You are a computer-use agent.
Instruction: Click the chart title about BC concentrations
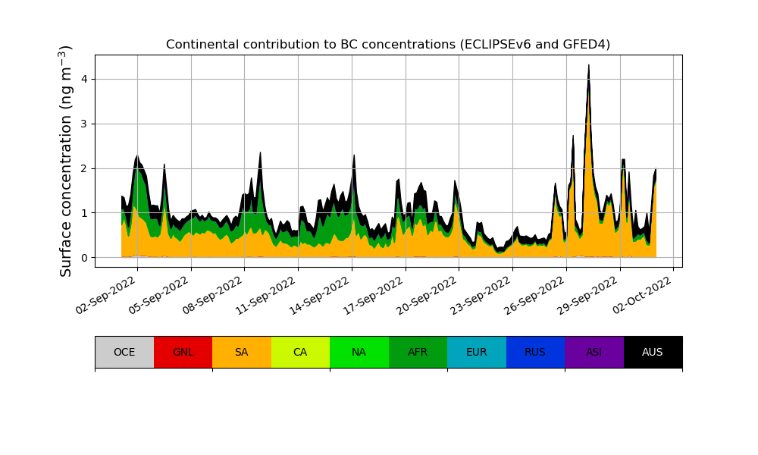click(388, 45)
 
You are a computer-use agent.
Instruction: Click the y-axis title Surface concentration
click(66, 161)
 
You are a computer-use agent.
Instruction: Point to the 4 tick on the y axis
click(84, 79)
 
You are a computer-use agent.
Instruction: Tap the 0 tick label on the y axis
click(84, 258)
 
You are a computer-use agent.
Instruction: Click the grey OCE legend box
click(124, 352)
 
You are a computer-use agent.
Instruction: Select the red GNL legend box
click(183, 352)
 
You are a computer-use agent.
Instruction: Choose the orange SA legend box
click(241, 352)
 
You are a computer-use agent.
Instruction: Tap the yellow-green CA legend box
click(300, 352)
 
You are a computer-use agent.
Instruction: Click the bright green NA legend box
click(359, 352)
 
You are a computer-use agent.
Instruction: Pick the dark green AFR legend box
click(418, 352)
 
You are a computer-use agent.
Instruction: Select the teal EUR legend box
click(476, 352)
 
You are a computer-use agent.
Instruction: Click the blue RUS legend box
click(535, 352)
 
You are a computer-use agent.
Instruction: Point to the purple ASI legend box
click(594, 352)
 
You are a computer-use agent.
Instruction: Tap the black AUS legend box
click(653, 352)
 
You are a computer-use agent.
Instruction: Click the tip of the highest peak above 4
click(588, 65)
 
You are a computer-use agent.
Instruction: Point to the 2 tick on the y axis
click(84, 168)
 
